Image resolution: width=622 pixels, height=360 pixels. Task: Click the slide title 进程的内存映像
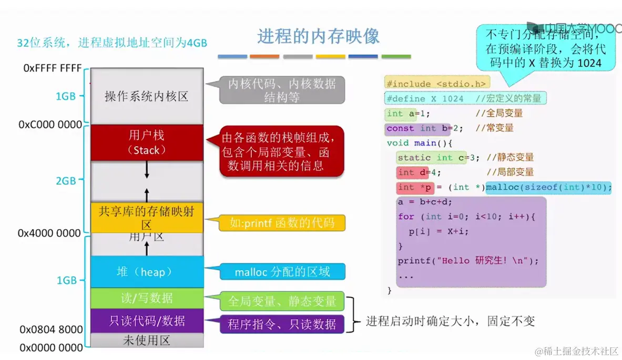click(318, 37)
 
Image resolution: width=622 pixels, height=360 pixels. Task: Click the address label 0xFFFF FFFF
click(53, 68)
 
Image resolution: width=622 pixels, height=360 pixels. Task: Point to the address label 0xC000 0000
click(50, 125)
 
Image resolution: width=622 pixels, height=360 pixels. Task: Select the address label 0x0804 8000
click(52, 330)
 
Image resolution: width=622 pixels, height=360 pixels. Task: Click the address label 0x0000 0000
click(52, 347)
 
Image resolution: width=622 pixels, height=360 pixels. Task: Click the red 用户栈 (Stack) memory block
click(147, 142)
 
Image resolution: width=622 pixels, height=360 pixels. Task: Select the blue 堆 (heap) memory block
click(147, 272)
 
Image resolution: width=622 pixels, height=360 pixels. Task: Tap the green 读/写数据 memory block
click(147, 298)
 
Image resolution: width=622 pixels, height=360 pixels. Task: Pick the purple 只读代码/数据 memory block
click(147, 321)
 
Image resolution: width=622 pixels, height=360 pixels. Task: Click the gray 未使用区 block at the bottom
click(147, 341)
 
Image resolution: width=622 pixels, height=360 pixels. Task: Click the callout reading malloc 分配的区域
click(282, 272)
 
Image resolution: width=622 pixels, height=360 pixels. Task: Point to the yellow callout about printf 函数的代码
click(282, 223)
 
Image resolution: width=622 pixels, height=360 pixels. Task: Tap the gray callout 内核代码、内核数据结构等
click(282, 90)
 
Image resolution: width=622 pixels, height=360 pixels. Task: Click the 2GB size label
click(66, 181)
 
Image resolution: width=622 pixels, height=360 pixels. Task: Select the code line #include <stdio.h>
click(437, 84)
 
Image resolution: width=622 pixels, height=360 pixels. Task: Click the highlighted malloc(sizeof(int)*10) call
click(549, 187)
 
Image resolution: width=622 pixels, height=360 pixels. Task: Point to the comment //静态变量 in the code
click(510, 157)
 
